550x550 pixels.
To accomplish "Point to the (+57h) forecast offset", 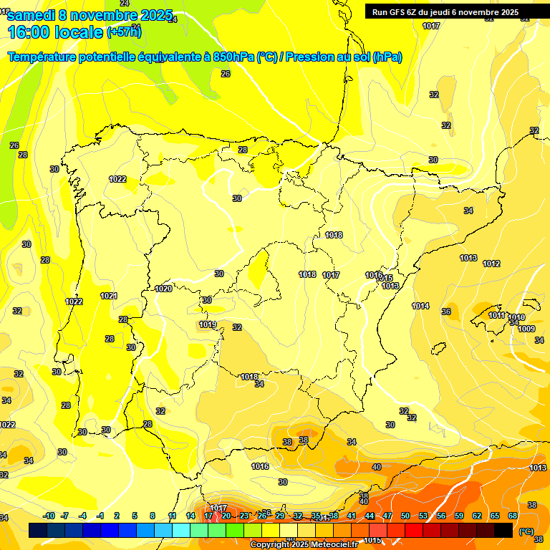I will [x=124, y=32].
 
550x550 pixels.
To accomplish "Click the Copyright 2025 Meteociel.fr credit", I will [x=304, y=545].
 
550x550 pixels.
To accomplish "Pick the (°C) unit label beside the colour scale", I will [x=526, y=531].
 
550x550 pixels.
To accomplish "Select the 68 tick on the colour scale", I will [x=513, y=516].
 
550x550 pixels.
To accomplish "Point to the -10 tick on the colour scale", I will [x=49, y=516].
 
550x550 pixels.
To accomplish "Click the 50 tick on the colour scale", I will [x=405, y=516].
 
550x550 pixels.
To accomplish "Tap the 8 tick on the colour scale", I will [x=153, y=516].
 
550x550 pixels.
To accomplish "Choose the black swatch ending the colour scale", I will [x=503, y=529].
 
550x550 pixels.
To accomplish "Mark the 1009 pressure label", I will [x=526, y=329].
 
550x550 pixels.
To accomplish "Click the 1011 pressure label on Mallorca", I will [x=496, y=315].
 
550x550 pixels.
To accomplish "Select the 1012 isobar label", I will [x=491, y=264].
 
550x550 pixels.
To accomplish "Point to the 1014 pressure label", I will [x=420, y=306].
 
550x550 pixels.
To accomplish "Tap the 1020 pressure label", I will [x=163, y=289].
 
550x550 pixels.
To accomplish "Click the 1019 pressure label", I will [x=208, y=324].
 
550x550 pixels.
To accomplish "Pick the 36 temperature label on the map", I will [x=446, y=312].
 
